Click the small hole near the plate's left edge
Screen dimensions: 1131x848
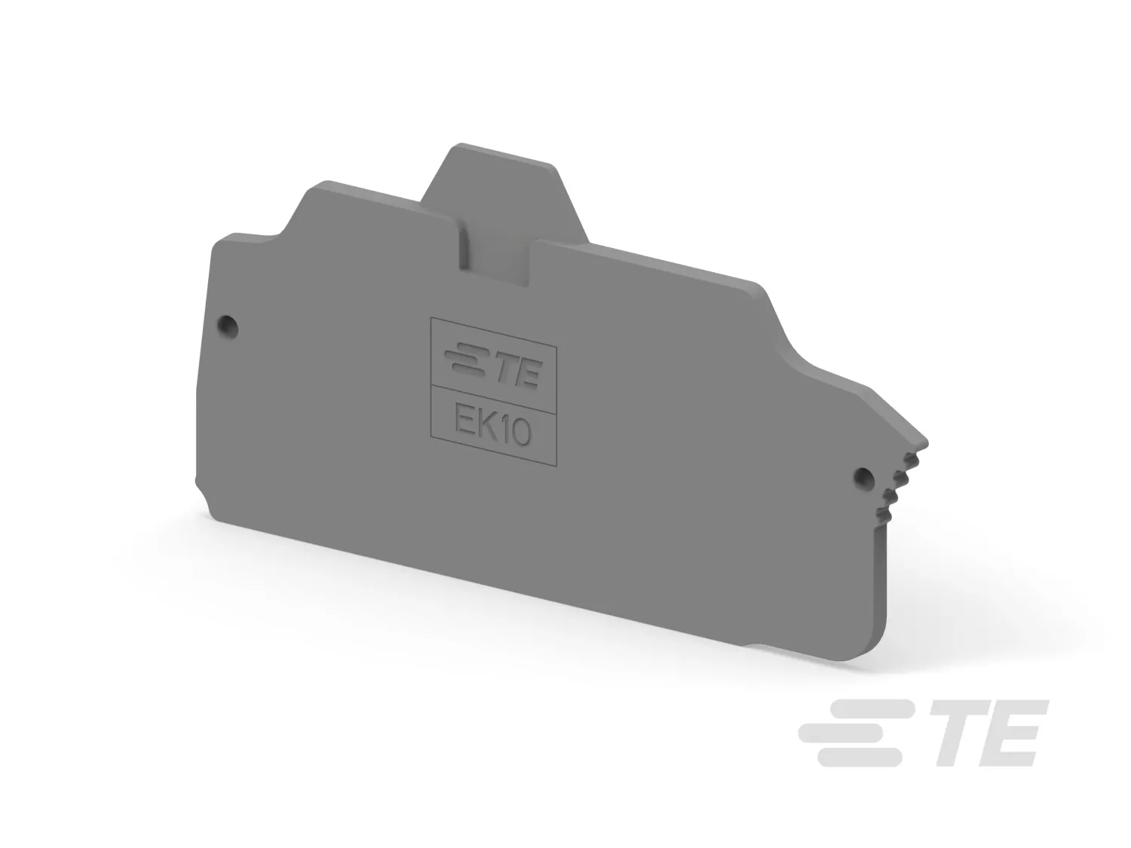point(228,326)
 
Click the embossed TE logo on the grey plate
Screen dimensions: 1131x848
point(494,366)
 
